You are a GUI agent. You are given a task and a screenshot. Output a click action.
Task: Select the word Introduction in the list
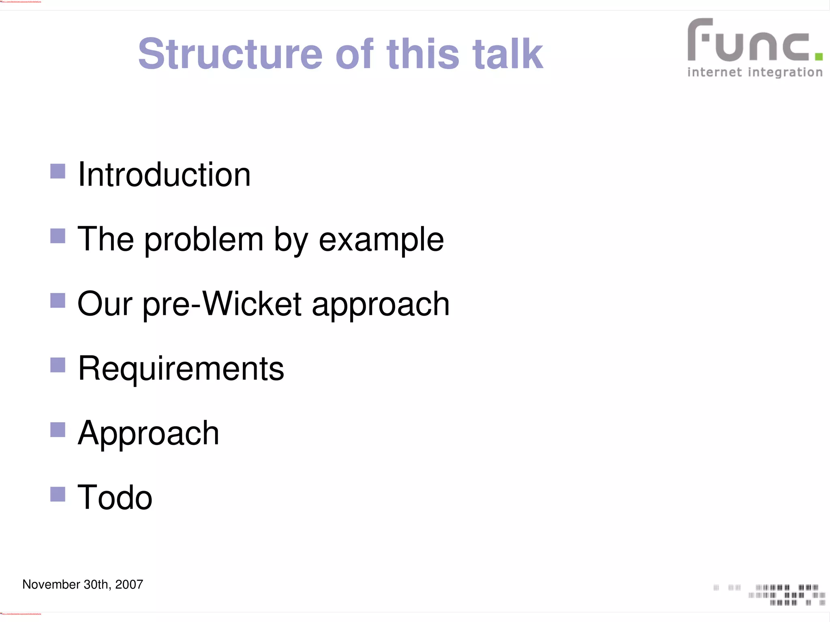click(x=164, y=175)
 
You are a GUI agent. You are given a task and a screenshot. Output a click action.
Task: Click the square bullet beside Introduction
click(x=58, y=171)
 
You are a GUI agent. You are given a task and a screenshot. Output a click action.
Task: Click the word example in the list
click(x=381, y=240)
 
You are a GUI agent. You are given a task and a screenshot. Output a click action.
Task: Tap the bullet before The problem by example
click(x=58, y=236)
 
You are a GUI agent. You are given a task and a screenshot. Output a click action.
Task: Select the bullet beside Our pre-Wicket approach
click(x=58, y=301)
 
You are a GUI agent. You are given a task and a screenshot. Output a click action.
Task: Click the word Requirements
click(x=181, y=369)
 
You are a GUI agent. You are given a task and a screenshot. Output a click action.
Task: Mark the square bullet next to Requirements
click(x=58, y=365)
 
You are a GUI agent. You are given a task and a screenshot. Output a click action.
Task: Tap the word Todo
click(x=115, y=498)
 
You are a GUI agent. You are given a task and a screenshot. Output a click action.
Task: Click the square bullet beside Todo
click(x=58, y=494)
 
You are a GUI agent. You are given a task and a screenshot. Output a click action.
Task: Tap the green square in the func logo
click(x=818, y=56)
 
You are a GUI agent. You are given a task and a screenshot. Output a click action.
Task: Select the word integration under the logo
click(x=785, y=73)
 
